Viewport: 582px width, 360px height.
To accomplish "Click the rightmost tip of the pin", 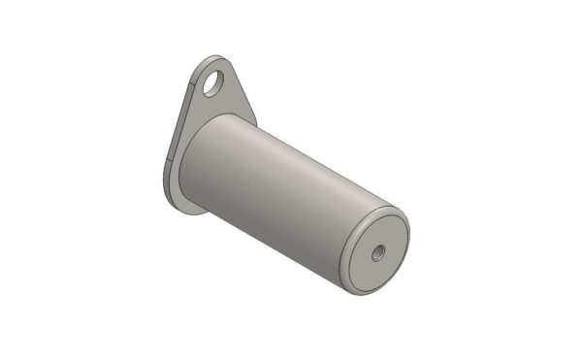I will click(x=408, y=238).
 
